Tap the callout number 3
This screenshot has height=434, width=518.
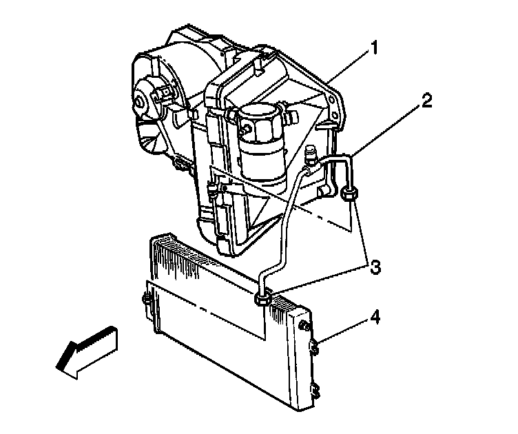point(375,267)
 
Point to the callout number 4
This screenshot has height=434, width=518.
point(375,318)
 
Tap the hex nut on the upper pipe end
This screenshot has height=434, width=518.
point(349,194)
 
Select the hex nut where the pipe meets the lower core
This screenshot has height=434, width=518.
point(262,298)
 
